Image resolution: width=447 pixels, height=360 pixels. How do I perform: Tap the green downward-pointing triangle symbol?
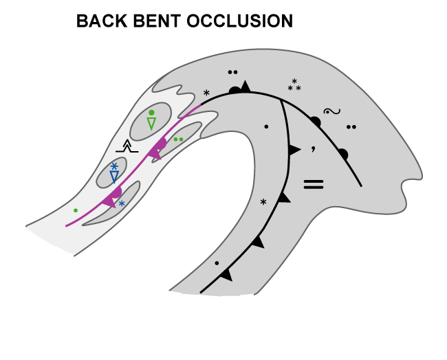[151, 123]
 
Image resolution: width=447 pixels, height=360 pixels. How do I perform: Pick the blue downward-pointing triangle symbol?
[115, 177]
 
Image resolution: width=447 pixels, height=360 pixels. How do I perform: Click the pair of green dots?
[179, 139]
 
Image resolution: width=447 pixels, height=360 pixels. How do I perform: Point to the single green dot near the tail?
[76, 210]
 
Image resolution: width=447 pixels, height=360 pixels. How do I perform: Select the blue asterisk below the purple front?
[122, 204]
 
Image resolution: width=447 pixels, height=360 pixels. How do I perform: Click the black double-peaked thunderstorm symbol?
[127, 146]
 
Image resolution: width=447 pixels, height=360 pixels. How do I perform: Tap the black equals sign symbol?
[314, 183]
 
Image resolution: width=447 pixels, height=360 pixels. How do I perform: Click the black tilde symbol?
[331, 111]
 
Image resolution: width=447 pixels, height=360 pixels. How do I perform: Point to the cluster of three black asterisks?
[294, 86]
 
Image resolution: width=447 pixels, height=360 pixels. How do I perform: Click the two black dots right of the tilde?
[351, 126]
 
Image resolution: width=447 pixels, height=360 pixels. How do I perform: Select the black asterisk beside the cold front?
[263, 203]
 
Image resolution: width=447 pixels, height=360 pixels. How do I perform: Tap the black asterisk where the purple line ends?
[206, 92]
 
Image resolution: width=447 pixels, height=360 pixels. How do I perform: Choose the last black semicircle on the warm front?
[343, 153]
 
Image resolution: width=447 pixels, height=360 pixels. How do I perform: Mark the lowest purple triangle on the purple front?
[109, 201]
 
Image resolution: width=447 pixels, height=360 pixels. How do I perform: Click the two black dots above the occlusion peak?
[233, 72]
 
